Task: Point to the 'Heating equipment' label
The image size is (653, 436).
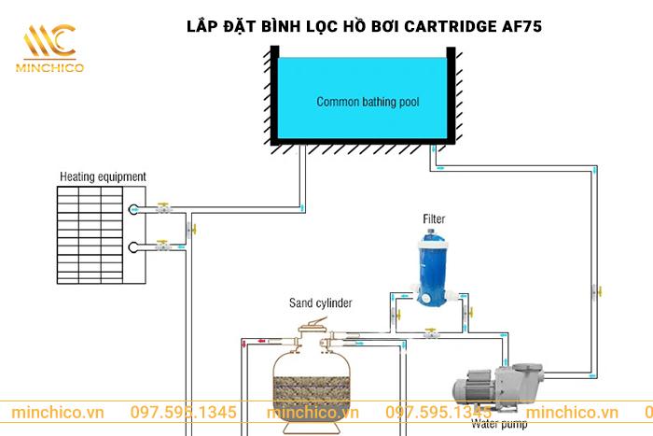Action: click(x=103, y=176)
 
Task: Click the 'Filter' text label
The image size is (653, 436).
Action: click(x=434, y=220)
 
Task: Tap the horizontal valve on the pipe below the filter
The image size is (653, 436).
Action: click(x=430, y=331)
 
